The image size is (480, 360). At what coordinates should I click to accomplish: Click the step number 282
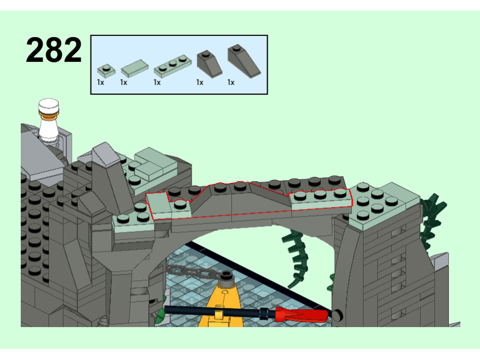54,49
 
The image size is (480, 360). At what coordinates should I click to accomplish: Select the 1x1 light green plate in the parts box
106,71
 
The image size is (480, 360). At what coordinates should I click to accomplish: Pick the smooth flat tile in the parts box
134,68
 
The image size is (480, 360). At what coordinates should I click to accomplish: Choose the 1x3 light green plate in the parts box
172,66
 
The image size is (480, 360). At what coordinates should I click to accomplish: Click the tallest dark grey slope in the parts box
244,61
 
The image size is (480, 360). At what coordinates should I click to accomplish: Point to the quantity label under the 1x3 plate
157,83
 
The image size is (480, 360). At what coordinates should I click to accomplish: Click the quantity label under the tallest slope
231,83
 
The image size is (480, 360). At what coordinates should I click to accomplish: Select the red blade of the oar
301,314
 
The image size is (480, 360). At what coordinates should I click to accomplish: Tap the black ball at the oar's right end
336,315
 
